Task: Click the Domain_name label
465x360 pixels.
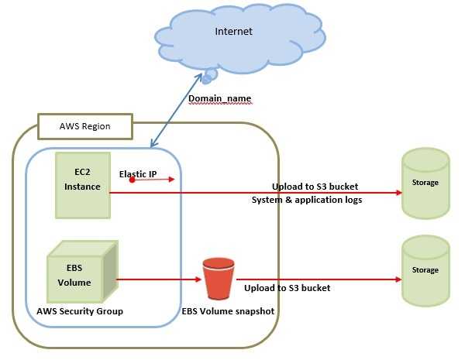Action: [x=219, y=99]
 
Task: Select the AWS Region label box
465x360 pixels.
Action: [x=85, y=126]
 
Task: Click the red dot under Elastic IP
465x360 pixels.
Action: [x=133, y=180]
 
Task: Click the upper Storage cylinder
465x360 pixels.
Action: [x=425, y=184]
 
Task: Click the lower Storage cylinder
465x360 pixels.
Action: [x=425, y=270]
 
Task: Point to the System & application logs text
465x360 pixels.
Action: [x=307, y=200]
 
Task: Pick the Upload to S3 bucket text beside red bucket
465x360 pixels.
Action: [x=287, y=288]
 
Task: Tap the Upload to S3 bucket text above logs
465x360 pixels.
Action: [x=315, y=187]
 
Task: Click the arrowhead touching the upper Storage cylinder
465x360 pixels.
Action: [x=398, y=192]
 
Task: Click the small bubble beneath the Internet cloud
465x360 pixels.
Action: [x=209, y=76]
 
